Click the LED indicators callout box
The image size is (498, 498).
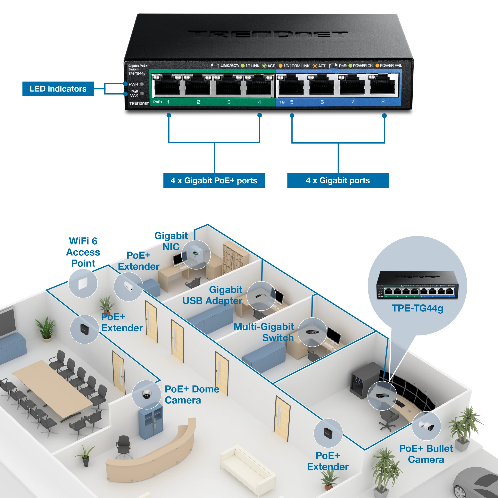(58, 89)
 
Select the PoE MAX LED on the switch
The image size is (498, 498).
(142, 93)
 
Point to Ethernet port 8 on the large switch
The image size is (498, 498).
(383, 85)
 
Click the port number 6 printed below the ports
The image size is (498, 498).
(322, 102)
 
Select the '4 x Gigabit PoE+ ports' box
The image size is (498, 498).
(214, 180)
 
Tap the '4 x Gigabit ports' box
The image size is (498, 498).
(338, 180)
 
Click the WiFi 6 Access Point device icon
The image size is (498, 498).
(83, 284)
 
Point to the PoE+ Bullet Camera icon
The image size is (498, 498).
(426, 426)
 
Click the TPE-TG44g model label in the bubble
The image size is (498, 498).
(418, 308)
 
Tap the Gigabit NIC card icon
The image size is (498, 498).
(196, 254)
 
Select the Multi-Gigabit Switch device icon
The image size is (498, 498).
(312, 332)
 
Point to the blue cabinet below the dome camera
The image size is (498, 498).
(151, 421)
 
